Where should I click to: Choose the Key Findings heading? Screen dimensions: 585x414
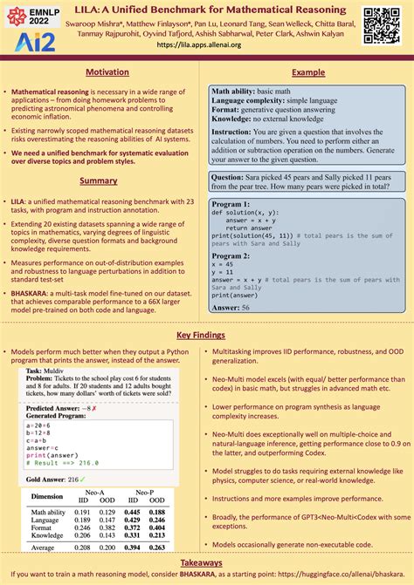(x=206, y=335)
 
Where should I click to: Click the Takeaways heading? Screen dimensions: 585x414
(x=206, y=563)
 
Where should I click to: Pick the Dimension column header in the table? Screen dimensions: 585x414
(x=47, y=497)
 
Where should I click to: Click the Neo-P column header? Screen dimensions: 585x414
(x=148, y=493)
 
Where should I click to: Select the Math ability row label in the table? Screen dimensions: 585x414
(x=48, y=513)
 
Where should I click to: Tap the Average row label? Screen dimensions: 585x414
(x=45, y=548)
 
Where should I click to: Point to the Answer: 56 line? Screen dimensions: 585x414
(x=231, y=307)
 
